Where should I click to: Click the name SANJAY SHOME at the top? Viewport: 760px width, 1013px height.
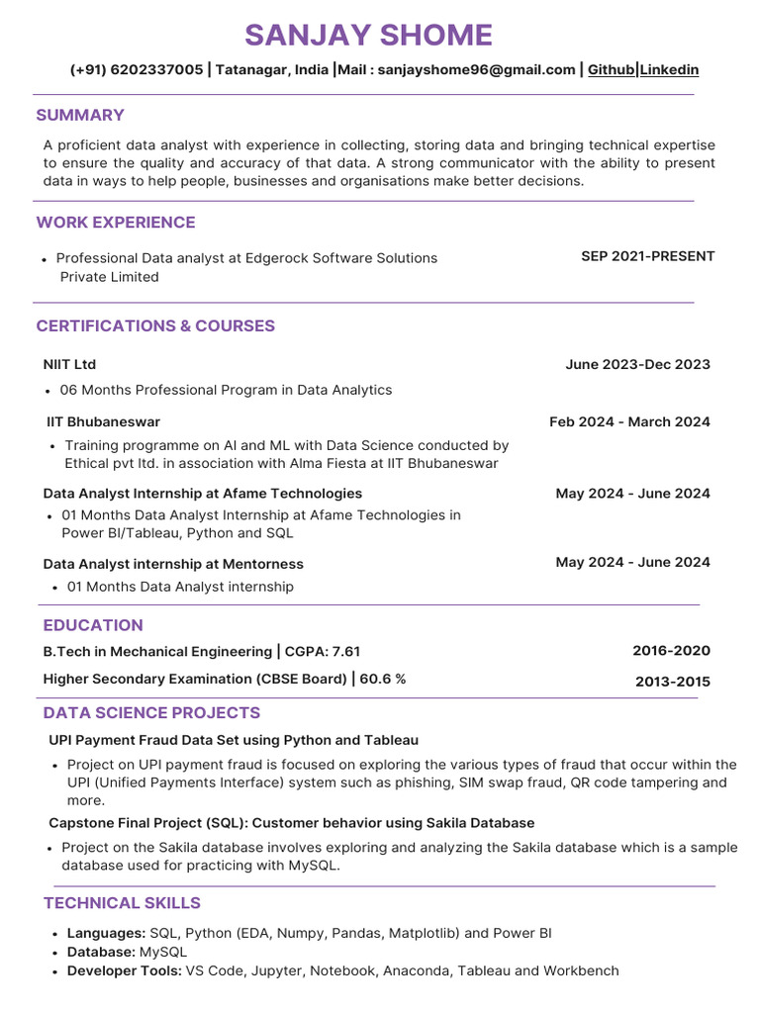pos(368,36)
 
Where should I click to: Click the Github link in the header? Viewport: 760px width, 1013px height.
pos(611,70)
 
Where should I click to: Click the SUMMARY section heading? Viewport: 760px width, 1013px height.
pos(80,115)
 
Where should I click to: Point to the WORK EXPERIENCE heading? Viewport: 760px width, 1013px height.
pos(116,223)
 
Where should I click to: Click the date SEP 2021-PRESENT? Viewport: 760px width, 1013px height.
pos(647,256)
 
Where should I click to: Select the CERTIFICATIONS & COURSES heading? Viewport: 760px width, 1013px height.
pos(155,326)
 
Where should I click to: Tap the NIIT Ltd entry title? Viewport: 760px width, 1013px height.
pos(69,364)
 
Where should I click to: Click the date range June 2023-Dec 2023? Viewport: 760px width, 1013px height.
pos(637,364)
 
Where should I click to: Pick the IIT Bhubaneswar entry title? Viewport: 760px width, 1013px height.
pos(103,421)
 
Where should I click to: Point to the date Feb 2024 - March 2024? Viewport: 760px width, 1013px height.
pos(629,421)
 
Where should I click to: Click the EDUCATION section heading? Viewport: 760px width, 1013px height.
pos(93,625)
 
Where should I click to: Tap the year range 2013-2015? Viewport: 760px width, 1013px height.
pos(672,682)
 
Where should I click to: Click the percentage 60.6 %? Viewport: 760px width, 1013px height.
pos(382,679)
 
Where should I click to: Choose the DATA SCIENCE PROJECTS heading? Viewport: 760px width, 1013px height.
pos(151,713)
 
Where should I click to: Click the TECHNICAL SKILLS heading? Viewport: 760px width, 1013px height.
pos(122,903)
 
